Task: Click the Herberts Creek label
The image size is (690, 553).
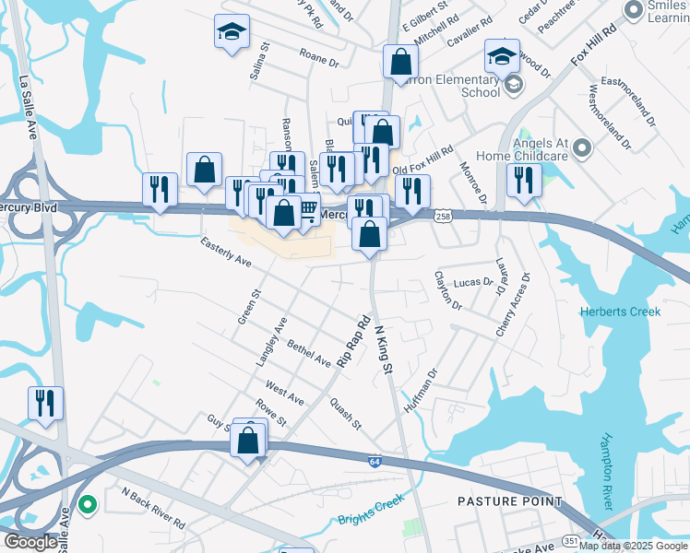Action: [620, 312]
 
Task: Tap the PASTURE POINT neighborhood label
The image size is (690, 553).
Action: [510, 501]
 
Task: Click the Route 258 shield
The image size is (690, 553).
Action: [443, 214]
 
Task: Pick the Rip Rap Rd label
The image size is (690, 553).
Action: [353, 342]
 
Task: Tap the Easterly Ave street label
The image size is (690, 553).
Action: [226, 252]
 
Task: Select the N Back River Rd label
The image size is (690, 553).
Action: [152, 508]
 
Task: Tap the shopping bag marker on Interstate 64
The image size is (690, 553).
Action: [250, 440]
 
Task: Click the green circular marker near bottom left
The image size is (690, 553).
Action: [87, 504]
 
